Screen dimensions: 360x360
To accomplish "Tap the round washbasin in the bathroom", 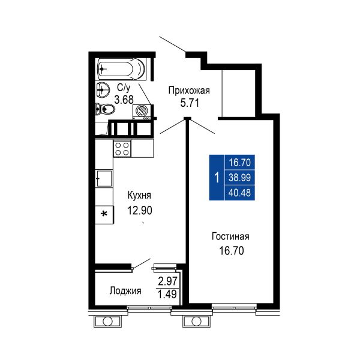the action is (x=103, y=90).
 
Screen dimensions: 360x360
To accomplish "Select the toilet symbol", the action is (x=105, y=109).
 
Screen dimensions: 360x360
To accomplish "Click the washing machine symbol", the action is (x=142, y=112).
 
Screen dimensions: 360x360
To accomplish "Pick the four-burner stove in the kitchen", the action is (x=122, y=149).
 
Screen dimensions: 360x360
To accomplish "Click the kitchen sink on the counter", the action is (x=104, y=178).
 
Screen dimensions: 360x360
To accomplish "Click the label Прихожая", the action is (x=189, y=91).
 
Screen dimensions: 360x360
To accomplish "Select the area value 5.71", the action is (x=190, y=103).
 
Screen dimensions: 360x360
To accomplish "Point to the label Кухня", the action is (x=139, y=196).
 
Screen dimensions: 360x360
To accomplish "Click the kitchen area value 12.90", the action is (x=140, y=211).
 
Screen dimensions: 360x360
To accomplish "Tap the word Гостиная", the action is (x=230, y=236).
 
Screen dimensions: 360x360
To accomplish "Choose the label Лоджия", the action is (x=125, y=291).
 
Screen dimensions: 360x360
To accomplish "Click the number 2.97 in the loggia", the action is (x=168, y=281).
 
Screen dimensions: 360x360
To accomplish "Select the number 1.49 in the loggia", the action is (x=168, y=294).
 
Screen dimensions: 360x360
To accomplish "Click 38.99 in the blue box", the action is (x=239, y=178).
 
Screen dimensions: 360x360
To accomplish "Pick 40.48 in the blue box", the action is (x=239, y=193).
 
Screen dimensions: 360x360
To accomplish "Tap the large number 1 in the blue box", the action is (x=217, y=178).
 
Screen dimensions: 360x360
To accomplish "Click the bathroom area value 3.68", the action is (x=124, y=100).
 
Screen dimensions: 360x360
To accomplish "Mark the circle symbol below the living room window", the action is (x=196, y=322).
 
